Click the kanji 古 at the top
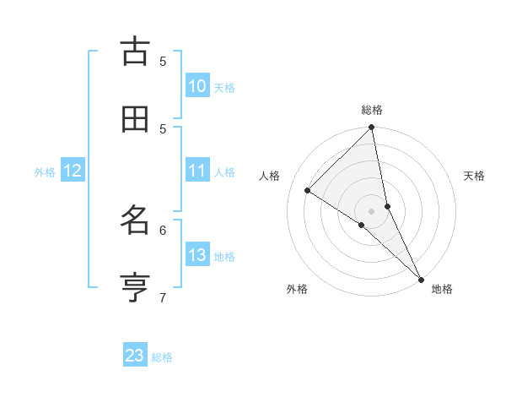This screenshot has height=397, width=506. point(135,52)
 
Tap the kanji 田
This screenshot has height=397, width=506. point(135,120)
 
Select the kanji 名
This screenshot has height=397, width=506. point(135,221)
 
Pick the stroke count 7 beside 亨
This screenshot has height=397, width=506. point(163,297)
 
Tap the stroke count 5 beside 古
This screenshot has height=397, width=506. point(163,61)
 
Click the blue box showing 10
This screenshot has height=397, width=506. point(197,86)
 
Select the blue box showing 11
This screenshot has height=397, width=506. point(197,171)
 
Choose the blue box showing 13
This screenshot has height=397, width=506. point(197,255)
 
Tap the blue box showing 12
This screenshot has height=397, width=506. point(73,171)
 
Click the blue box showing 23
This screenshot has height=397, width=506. point(135,356)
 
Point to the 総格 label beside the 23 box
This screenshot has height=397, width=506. point(162,357)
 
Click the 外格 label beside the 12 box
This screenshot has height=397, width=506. point(45,172)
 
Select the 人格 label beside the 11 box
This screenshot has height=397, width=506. point(224,172)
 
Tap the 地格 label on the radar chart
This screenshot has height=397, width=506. point(442,289)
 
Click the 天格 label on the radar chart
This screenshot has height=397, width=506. point(474,176)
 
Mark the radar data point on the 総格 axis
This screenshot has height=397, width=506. point(372,128)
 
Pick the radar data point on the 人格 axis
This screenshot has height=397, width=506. point(308,191)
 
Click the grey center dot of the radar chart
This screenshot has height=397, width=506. point(372,211)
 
